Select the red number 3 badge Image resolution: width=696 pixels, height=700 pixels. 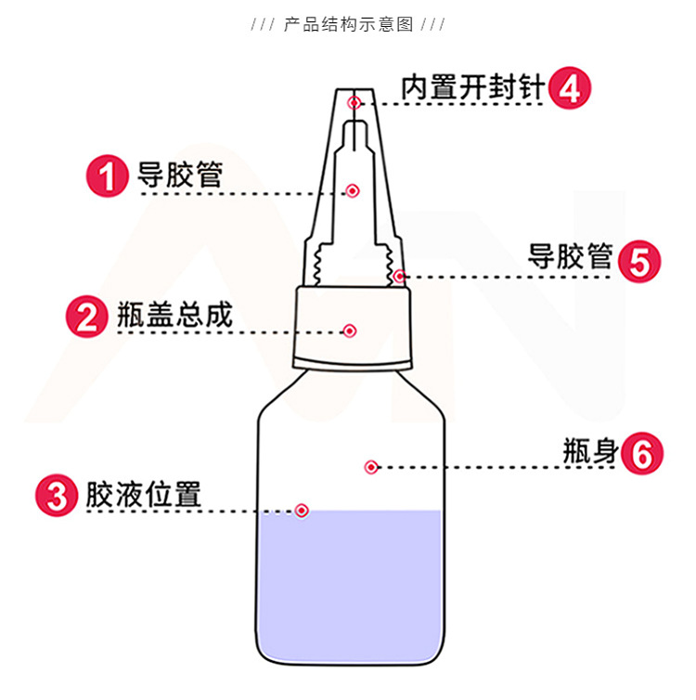(58, 495)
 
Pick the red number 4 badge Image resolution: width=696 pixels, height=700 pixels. (569, 89)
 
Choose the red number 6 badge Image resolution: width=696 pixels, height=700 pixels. (643, 454)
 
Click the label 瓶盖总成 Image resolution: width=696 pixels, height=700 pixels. (174, 316)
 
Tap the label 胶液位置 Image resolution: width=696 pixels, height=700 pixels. (144, 494)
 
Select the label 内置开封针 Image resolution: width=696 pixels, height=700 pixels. (472, 88)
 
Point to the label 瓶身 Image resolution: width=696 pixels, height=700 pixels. (589, 452)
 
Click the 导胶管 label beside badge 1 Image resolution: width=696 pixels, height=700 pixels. (180, 175)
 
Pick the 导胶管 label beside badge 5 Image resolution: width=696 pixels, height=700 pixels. (570, 257)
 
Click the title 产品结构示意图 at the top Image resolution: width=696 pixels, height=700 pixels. (348, 24)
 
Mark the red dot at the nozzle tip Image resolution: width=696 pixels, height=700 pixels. (354, 102)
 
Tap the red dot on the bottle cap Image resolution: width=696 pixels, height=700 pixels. (350, 331)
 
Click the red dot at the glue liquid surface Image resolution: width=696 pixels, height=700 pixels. (302, 511)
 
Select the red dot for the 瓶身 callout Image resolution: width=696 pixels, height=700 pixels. (371, 467)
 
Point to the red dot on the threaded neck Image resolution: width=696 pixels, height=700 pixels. (399, 276)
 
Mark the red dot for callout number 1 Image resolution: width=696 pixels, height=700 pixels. (352, 191)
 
